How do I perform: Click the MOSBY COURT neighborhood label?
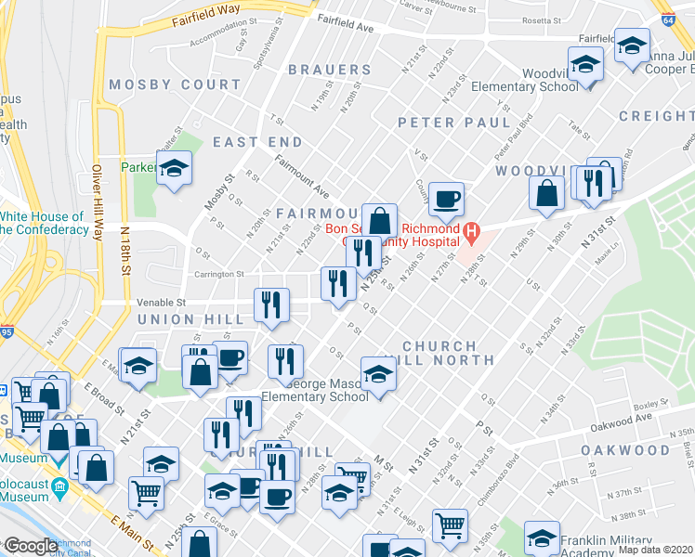pyautogui.click(x=175, y=84)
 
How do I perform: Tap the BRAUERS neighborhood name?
pyautogui.click(x=330, y=70)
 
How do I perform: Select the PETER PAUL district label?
pyautogui.click(x=454, y=123)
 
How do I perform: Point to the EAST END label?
pyautogui.click(x=257, y=142)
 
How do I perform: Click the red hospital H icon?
pyautogui.click(x=472, y=230)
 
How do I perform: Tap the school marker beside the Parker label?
pyautogui.click(x=173, y=168)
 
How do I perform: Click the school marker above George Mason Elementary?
pyautogui.click(x=379, y=373)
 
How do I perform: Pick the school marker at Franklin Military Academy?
pyautogui.click(x=542, y=538)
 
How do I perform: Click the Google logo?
pyautogui.click(x=31, y=546)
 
